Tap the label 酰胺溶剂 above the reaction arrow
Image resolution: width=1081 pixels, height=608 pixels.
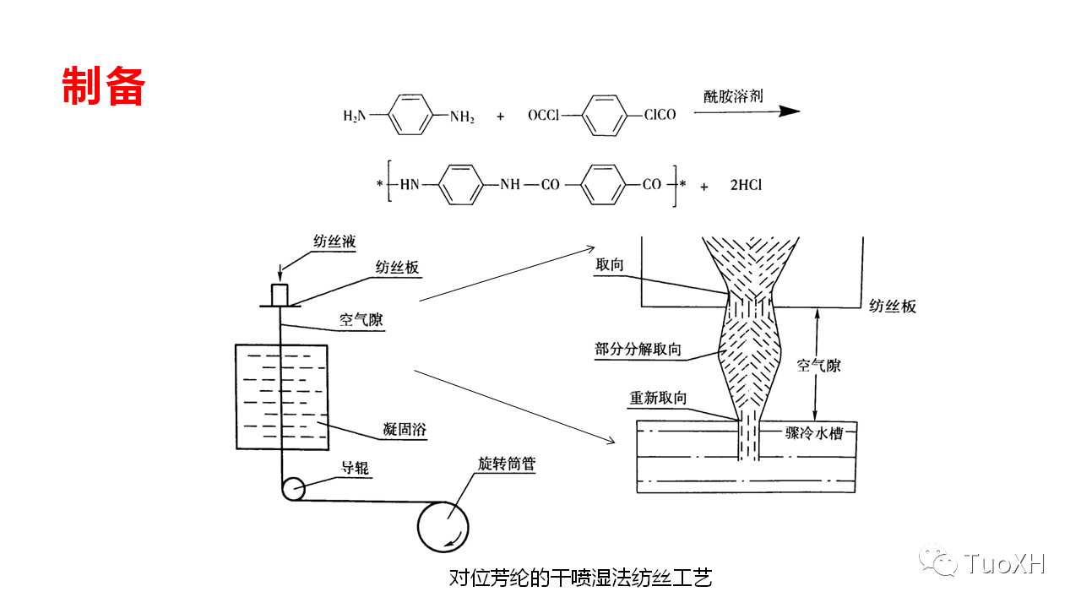click(733, 95)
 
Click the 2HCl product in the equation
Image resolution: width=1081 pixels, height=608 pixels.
click(746, 185)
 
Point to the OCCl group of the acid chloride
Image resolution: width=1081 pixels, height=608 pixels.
click(544, 116)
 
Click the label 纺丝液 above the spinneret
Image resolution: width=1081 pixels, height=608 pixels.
click(334, 242)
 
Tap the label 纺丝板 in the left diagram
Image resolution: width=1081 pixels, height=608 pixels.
click(397, 268)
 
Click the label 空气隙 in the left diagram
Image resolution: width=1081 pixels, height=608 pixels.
click(361, 319)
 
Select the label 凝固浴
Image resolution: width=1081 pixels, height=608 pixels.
click(405, 430)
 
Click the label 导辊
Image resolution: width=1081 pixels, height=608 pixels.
click(354, 468)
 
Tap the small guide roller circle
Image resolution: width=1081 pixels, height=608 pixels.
click(293, 489)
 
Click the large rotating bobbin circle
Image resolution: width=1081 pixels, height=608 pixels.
click(443, 526)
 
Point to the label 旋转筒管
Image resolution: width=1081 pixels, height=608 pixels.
click(506, 464)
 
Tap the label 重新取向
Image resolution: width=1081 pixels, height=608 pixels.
click(658, 398)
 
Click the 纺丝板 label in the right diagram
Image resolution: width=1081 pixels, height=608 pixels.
click(893, 307)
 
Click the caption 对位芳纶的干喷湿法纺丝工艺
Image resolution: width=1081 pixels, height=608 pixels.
click(581, 578)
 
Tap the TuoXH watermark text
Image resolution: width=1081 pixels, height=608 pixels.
click(1004, 563)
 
